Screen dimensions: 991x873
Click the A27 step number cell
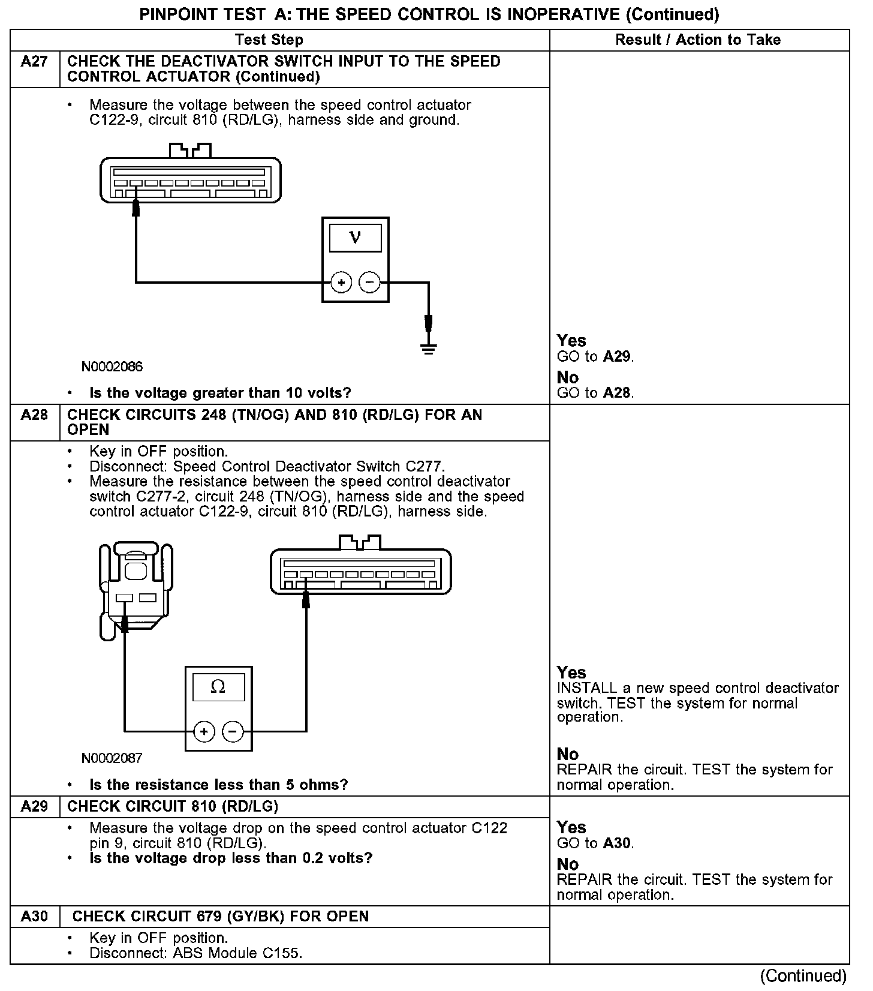tap(34, 62)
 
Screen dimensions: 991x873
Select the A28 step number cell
tap(34, 415)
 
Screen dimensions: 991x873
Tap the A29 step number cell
tap(34, 806)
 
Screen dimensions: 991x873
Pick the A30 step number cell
tap(34, 916)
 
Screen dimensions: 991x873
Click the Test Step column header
tap(269, 40)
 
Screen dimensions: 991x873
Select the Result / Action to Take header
tap(698, 40)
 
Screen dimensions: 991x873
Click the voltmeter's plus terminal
tap(341, 283)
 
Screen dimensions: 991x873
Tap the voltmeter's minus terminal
tap(369, 283)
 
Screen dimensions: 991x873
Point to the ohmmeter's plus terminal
tap(204, 731)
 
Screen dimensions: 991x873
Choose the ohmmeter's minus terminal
tap(233, 731)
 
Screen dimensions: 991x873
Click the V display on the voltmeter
tap(355, 238)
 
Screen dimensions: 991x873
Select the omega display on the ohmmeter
tap(218, 687)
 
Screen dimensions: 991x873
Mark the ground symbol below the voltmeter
tap(428, 348)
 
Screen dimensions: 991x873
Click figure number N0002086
tap(113, 367)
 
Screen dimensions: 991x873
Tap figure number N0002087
tap(112, 758)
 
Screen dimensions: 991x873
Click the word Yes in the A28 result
tap(571, 672)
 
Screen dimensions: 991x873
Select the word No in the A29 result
tap(568, 864)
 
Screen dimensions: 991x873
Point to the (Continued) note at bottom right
tap(803, 976)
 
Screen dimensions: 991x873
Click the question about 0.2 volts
tap(231, 858)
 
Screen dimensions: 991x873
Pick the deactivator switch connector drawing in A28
tap(136, 588)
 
